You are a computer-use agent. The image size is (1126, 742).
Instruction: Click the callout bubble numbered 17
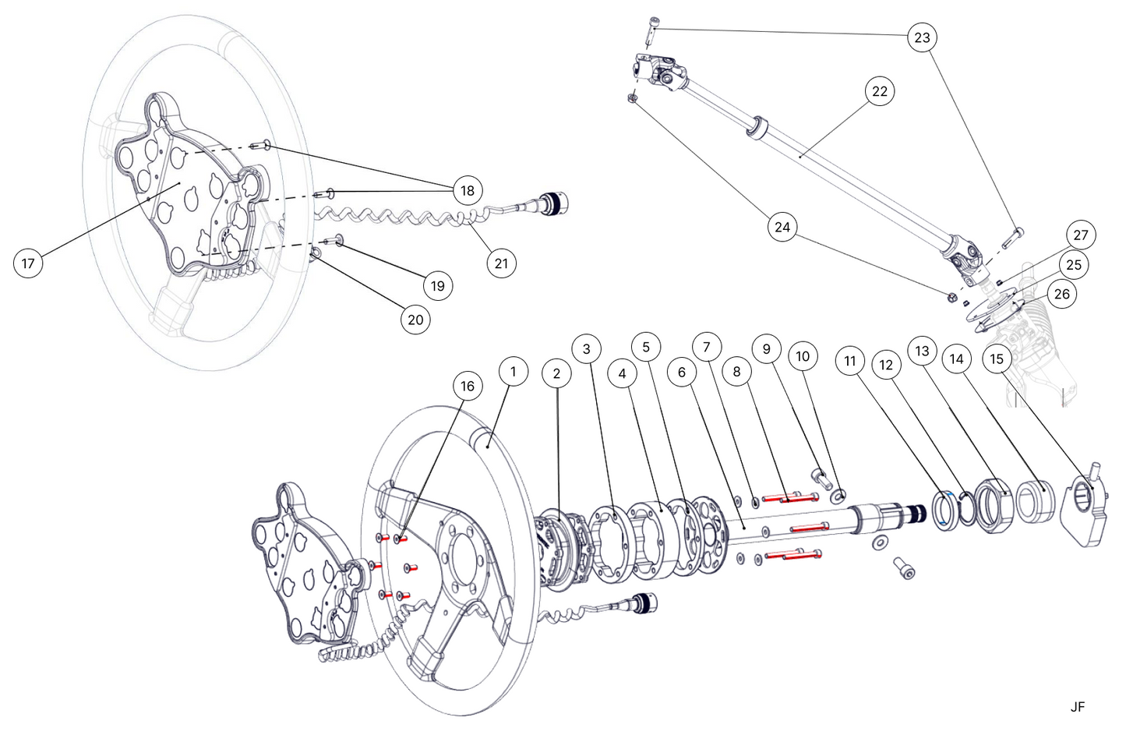pos(28,263)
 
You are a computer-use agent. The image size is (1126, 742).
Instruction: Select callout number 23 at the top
pos(922,37)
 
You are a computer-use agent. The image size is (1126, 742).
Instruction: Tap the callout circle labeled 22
pos(879,91)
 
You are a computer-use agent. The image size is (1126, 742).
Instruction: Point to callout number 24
pos(782,227)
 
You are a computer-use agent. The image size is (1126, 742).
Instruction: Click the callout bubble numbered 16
pos(467,386)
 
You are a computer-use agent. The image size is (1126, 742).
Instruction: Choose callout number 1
pos(513,372)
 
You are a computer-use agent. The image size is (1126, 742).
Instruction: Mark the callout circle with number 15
pos(997,359)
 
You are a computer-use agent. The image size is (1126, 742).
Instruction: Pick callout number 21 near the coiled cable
pos(501,263)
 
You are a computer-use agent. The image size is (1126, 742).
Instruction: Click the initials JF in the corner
pos(1077,707)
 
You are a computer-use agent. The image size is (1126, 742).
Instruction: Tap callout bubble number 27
pos(1080,235)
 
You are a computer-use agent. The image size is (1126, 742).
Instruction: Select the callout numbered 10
pos(803,356)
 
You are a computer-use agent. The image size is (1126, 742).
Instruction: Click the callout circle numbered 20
pos(415,320)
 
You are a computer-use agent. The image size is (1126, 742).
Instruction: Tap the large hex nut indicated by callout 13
pos(994,507)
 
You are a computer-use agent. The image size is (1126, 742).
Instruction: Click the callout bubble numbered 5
pos(645,346)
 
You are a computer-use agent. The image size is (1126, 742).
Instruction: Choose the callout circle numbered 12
pos(885,365)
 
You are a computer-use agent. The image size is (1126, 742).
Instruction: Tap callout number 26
pos(1061,294)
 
